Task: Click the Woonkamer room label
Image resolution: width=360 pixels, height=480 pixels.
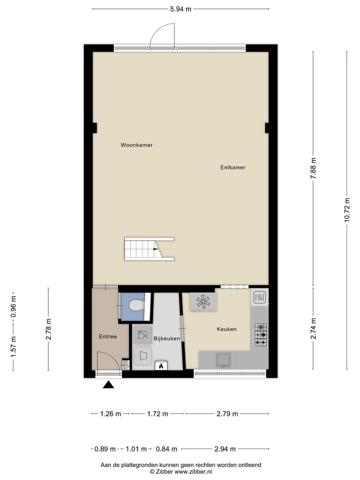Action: [x=136, y=145]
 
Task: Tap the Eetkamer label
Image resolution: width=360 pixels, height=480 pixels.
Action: [x=233, y=167]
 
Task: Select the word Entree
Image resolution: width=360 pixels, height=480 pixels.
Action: [x=107, y=336]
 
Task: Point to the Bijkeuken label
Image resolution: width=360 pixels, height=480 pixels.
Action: [x=166, y=338]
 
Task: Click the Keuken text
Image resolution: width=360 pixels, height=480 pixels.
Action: [x=226, y=329]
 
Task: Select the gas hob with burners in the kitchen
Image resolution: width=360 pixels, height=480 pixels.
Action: [x=260, y=334]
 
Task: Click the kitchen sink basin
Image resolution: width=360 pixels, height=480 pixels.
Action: [x=223, y=359]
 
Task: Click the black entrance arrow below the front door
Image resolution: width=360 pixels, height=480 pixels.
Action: [x=108, y=384]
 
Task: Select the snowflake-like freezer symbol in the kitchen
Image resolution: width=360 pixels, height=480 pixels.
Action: [x=203, y=301]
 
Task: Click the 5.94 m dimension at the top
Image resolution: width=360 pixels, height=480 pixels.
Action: [x=180, y=9]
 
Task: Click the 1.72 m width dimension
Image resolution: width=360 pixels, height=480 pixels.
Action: [x=157, y=413]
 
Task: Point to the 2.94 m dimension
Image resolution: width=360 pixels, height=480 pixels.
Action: [x=225, y=449]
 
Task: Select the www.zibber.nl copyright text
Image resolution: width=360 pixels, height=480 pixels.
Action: [x=180, y=471]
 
